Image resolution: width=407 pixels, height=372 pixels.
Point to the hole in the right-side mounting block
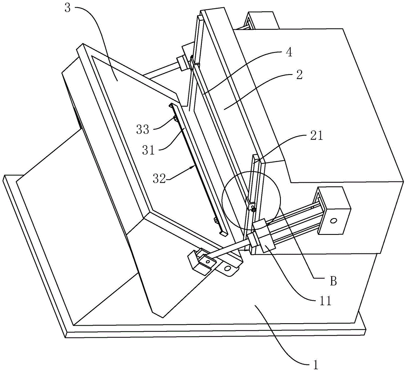click(x=333, y=221)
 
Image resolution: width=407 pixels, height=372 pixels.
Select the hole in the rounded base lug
click(x=228, y=269)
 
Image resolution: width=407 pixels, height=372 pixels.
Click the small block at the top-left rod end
click(x=182, y=63)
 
